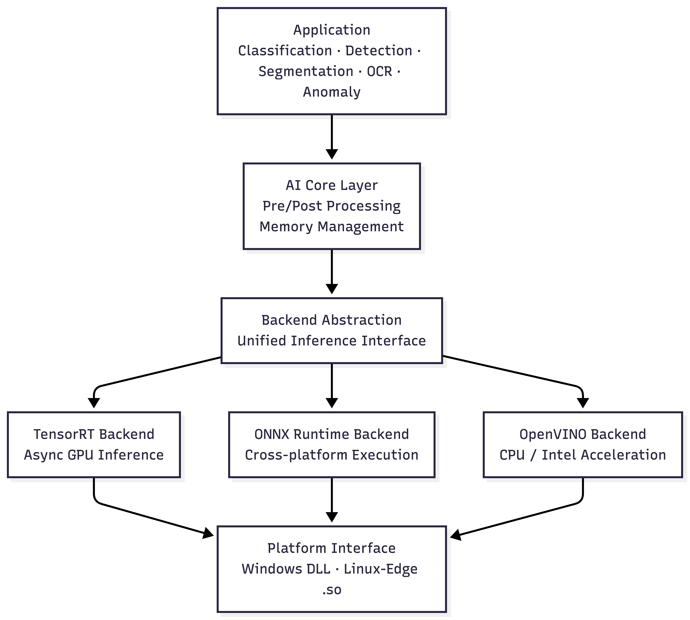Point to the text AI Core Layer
pyautogui.click(x=332, y=185)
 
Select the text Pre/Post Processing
pyautogui.click(x=332, y=206)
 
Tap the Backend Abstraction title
pyautogui.click(x=332, y=320)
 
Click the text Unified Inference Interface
pyautogui.click(x=332, y=341)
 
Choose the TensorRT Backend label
pyautogui.click(x=94, y=434)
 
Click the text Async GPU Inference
pyautogui.click(x=94, y=455)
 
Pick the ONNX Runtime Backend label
pyautogui.click(x=332, y=434)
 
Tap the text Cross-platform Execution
pyautogui.click(x=332, y=455)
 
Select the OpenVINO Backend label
pyautogui.click(x=583, y=434)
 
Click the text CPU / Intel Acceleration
pyautogui.click(x=583, y=455)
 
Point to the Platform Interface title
pyautogui.click(x=332, y=549)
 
